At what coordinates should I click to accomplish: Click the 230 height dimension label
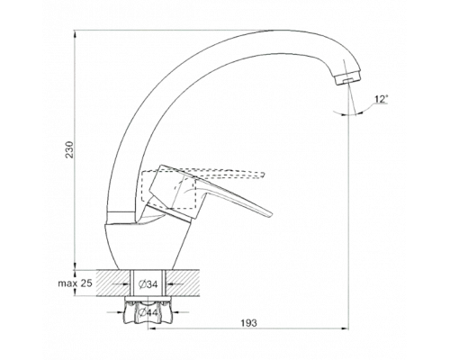69,149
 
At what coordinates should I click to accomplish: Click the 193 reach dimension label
249,323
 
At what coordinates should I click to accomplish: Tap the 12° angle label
381,99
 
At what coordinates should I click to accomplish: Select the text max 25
75,283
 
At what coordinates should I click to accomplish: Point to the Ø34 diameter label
148,284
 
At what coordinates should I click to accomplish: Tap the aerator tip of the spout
348,80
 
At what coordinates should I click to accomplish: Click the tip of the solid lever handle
270,214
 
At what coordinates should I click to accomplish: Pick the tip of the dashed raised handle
263,175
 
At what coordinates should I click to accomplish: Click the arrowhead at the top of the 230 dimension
75,33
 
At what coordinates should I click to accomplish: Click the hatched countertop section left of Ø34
113,283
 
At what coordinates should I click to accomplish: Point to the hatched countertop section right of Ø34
183,283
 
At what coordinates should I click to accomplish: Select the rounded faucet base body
147,246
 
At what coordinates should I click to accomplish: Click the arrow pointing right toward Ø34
121,283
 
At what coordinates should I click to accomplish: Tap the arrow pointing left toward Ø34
175,283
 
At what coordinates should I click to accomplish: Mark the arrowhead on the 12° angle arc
358,113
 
